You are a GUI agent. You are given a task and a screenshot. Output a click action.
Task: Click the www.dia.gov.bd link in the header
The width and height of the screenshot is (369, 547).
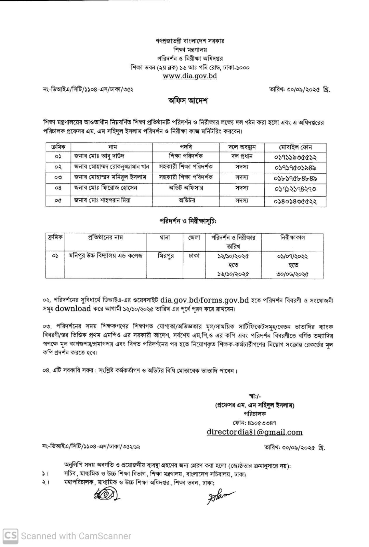pos(189,76)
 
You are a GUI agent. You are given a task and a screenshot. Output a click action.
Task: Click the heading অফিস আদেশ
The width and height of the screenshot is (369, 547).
pos(188,101)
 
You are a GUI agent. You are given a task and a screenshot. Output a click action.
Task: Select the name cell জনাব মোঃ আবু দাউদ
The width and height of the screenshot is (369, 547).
pos(99,156)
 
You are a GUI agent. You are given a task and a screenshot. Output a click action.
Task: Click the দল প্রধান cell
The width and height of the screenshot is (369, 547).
pos(241,156)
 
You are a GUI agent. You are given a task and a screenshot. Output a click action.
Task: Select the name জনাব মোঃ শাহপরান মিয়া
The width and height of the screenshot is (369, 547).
pos(102,200)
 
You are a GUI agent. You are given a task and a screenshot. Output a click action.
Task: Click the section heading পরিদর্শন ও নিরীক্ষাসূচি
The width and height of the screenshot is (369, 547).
pos(188,221)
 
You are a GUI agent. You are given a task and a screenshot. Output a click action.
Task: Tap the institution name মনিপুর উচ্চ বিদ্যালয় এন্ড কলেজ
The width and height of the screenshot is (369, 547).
pos(106,256)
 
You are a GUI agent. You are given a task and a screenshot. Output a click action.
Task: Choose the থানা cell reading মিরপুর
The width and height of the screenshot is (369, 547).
pos(165,256)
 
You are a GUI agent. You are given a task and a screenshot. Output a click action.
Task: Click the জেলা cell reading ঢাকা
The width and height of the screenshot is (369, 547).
pos(194,256)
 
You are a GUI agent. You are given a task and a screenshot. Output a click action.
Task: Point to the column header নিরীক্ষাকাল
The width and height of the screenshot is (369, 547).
pos(292,237)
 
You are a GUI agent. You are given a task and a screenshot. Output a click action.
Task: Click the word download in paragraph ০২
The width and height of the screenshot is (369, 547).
pos(73,309)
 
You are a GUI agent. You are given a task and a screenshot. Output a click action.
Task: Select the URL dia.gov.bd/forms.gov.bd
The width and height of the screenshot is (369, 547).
pos(204,300)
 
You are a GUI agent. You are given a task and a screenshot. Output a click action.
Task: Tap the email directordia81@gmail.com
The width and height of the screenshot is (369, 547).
pos(254,432)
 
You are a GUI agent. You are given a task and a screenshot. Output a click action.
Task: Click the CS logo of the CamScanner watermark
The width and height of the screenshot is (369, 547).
pos(10,535)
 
